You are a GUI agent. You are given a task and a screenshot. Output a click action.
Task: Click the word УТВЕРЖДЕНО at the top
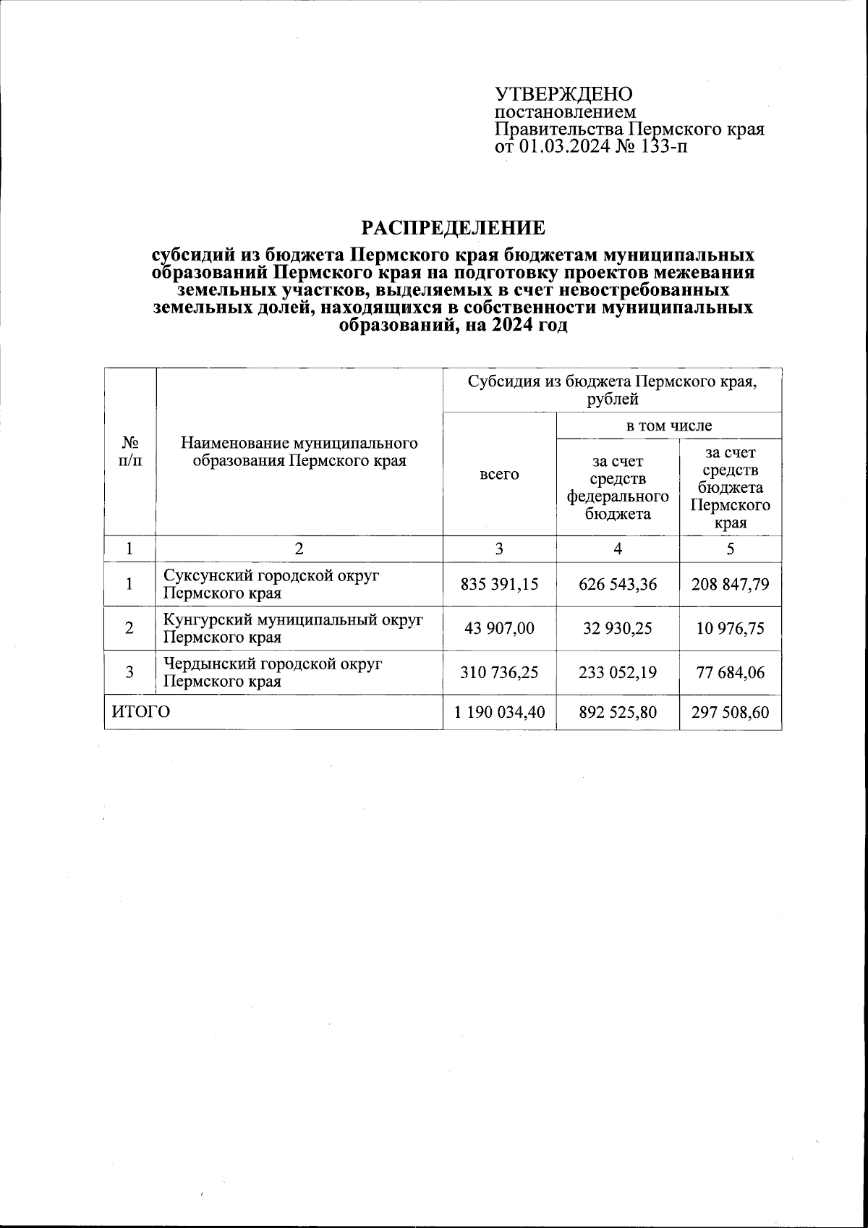point(563,94)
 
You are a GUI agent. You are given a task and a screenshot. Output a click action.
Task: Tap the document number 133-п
point(663,147)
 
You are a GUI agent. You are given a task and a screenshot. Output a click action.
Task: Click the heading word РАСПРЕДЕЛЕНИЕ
point(453,229)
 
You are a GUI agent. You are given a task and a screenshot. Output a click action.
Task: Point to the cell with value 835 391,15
point(499,585)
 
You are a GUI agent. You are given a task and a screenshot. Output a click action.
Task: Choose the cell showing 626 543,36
point(618,585)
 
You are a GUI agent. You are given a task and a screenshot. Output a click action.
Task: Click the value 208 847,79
point(731,585)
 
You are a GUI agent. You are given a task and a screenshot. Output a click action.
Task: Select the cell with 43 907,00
point(499,628)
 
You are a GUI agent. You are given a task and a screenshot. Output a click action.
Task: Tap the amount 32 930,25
point(618,628)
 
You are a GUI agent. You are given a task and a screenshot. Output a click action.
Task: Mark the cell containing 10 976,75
point(731,628)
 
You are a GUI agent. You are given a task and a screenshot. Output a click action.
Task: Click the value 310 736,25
point(499,672)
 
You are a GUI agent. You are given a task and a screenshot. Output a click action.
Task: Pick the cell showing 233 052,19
point(618,672)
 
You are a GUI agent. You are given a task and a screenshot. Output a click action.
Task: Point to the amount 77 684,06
point(731,672)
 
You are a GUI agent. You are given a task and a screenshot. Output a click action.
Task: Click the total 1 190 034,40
point(499,713)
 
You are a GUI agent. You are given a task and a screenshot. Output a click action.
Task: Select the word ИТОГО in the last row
point(141,713)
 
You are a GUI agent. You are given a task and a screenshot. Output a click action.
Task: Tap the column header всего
point(499,475)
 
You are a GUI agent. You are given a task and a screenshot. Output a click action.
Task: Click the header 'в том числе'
point(668,426)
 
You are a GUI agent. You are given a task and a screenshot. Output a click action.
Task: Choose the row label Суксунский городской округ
point(271,576)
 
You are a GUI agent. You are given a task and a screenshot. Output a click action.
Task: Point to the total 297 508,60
point(731,713)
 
